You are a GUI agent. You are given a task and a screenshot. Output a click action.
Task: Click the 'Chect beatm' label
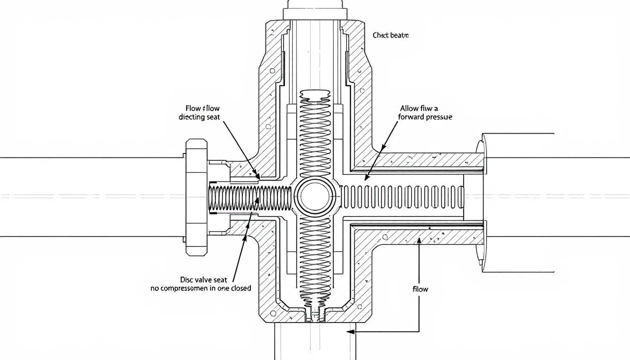(x=390, y=35)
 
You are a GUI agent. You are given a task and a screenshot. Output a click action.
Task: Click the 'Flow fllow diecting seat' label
(x=199, y=112)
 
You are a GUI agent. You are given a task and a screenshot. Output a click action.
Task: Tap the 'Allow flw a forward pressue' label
(x=426, y=112)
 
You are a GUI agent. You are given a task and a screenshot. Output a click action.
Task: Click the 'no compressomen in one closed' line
(x=201, y=288)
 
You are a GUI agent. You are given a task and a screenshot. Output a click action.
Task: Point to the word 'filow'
(x=420, y=289)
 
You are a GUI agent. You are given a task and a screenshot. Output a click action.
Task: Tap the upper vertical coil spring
(x=315, y=136)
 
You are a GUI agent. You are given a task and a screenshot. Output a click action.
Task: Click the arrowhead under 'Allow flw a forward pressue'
(x=366, y=179)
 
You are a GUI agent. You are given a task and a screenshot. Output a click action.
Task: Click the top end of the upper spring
(x=315, y=96)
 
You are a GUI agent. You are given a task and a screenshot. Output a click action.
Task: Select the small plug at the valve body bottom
(x=315, y=315)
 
